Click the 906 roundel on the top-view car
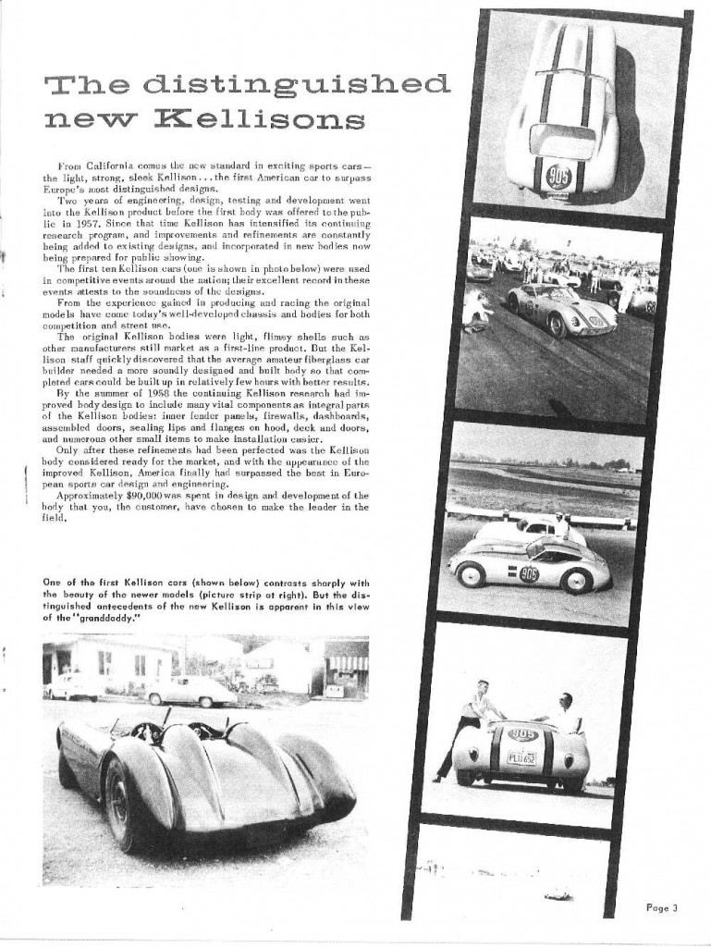coord(558,175)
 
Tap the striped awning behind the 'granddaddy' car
coord(347,663)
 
